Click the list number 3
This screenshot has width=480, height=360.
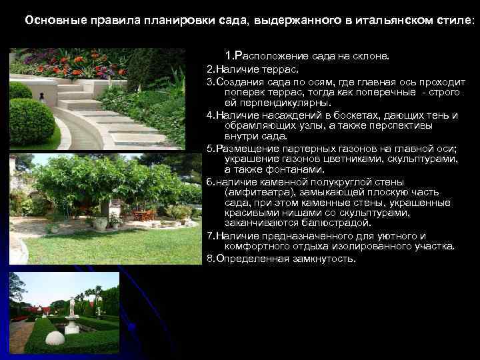[209, 81]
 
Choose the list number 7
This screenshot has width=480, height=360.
[209, 235]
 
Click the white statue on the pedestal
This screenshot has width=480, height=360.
[72, 308]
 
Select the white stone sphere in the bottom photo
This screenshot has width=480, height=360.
[55, 338]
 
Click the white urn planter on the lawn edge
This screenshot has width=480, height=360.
[100, 224]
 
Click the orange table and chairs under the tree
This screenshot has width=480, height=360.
[141, 215]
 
